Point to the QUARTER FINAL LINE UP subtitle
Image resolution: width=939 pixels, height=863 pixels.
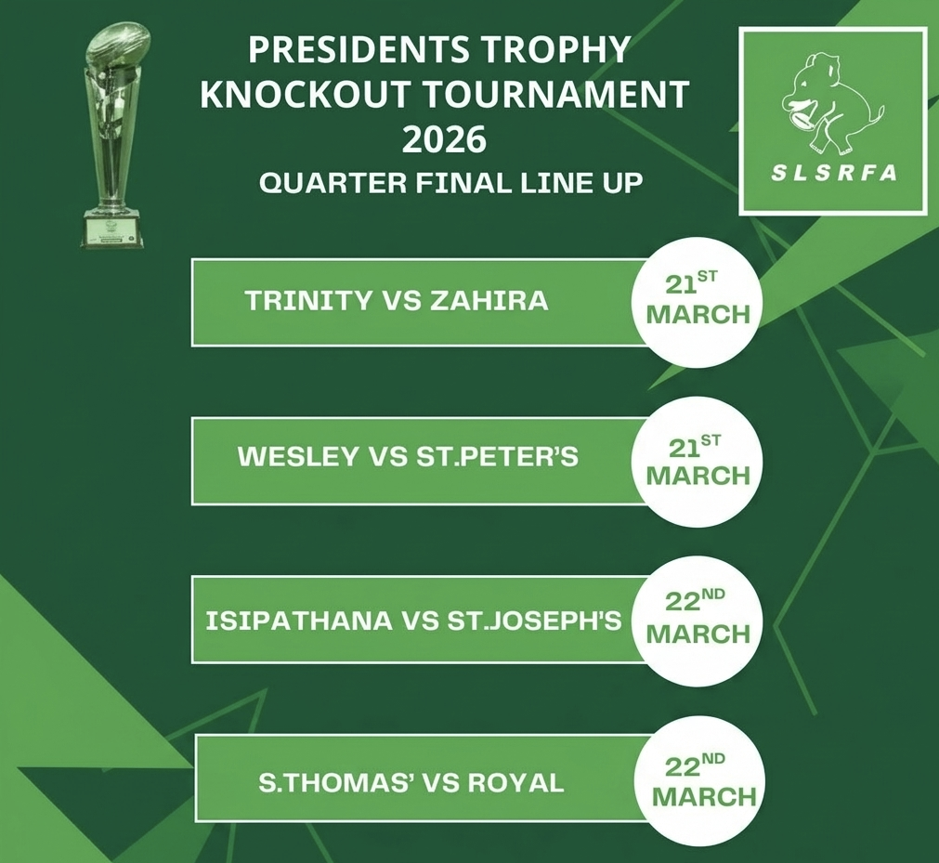(450, 183)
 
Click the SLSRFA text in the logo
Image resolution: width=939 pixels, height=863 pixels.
(833, 173)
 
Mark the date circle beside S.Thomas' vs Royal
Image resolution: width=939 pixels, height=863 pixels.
(703, 781)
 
